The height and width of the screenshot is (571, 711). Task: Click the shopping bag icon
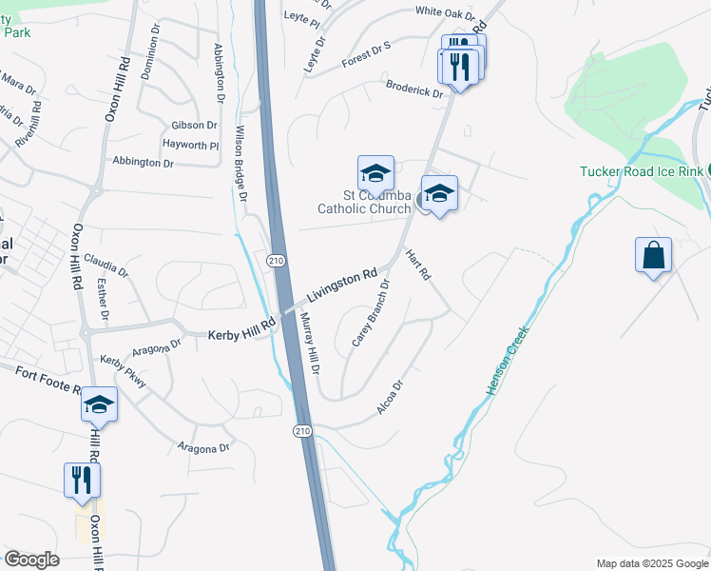[x=653, y=256]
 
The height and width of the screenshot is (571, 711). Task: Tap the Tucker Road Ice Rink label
[x=642, y=171]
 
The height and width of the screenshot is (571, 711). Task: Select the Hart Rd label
[x=418, y=265]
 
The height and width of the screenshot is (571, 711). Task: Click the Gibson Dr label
[x=194, y=126]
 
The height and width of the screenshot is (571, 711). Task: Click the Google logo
[x=32, y=560]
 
